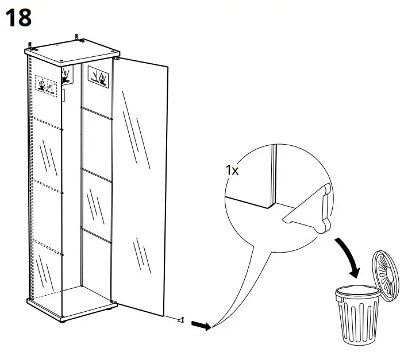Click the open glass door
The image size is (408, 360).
[x=141, y=184]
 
